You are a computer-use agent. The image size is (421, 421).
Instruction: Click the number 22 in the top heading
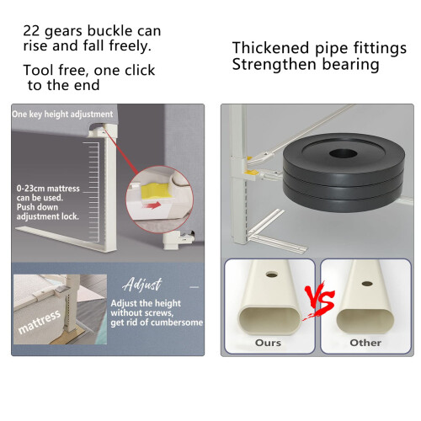pos(31,31)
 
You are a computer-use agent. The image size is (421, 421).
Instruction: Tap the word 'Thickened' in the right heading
pos(270,48)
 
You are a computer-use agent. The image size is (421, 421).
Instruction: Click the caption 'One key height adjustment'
pos(62,115)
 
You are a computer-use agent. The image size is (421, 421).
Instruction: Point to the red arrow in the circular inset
pos(152,205)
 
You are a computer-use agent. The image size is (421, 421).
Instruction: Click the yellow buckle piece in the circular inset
pos(156,191)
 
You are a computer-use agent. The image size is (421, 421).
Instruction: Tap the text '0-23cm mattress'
pos(48,189)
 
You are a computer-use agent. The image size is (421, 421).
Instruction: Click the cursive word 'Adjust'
pos(142,285)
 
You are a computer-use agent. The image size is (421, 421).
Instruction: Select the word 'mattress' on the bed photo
pos(40,322)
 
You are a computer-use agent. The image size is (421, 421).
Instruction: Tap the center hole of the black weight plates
pos(343,153)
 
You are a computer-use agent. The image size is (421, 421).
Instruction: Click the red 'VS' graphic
pos(320,300)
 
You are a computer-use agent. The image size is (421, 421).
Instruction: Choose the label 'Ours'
pos(268,343)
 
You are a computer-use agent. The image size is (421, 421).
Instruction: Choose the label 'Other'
pos(365,343)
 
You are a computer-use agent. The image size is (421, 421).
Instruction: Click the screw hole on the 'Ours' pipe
pos(272,274)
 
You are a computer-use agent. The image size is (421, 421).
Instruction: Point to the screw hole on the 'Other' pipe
pos(367,284)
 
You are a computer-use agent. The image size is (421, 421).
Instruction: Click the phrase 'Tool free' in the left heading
pos(56,70)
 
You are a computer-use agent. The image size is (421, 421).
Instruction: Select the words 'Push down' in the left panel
pos(37,207)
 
